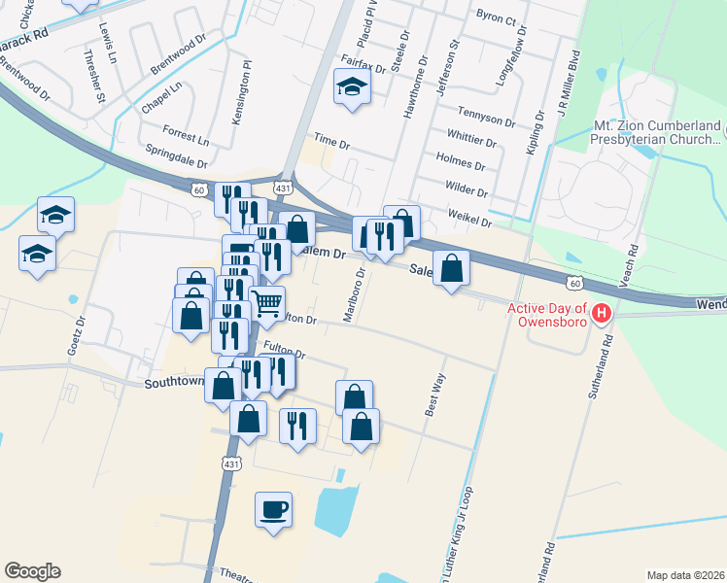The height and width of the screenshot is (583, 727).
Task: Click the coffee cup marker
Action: point(273,508)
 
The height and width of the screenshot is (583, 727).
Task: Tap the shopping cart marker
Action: point(266,301)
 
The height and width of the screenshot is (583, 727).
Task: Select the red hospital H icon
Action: point(602,313)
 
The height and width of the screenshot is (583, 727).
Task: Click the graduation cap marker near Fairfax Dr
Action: point(349,87)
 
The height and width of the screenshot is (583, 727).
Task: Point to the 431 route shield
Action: point(283,186)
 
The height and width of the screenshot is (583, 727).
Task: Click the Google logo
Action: point(32,571)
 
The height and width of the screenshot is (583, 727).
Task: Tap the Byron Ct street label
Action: point(500,17)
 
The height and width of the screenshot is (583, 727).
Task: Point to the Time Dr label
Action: point(330,143)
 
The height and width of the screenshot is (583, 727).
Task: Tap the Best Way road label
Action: point(434,394)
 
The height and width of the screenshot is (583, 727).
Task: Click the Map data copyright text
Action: point(684,575)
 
